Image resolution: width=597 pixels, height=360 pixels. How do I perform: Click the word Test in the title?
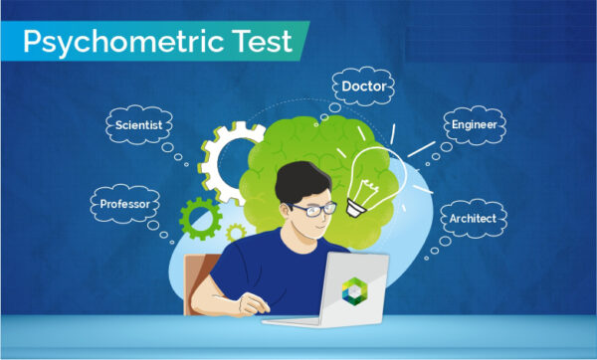tap(261, 42)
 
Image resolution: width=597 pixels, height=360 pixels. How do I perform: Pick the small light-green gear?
tap(236, 234)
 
